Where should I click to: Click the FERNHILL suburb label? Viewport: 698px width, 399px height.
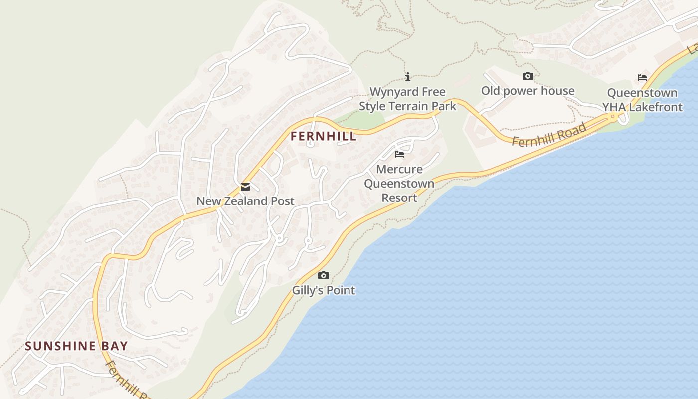324,136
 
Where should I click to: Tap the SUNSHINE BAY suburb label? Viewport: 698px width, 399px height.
76,346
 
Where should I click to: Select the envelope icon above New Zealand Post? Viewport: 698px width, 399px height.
245,188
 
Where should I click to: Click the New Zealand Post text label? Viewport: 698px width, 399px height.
245,201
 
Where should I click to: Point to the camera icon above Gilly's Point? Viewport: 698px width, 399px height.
324,276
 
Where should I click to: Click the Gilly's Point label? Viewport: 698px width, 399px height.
324,290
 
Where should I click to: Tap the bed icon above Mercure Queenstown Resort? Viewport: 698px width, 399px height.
399,154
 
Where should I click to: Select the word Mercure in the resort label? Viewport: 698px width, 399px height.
399,169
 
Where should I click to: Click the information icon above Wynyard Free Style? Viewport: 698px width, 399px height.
408,77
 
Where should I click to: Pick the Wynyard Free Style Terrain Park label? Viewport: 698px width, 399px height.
408,99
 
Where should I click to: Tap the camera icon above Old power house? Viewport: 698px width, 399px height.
527,76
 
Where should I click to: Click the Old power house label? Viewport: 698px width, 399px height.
527,91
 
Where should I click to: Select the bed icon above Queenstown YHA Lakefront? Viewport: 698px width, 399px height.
642,78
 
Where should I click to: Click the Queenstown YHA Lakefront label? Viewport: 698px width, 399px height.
642,100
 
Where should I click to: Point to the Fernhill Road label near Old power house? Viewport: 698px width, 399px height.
549,135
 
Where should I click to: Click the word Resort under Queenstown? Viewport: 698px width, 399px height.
399,198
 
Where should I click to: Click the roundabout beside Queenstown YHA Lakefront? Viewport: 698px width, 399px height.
613,117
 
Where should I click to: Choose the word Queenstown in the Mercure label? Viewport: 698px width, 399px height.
399,184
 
